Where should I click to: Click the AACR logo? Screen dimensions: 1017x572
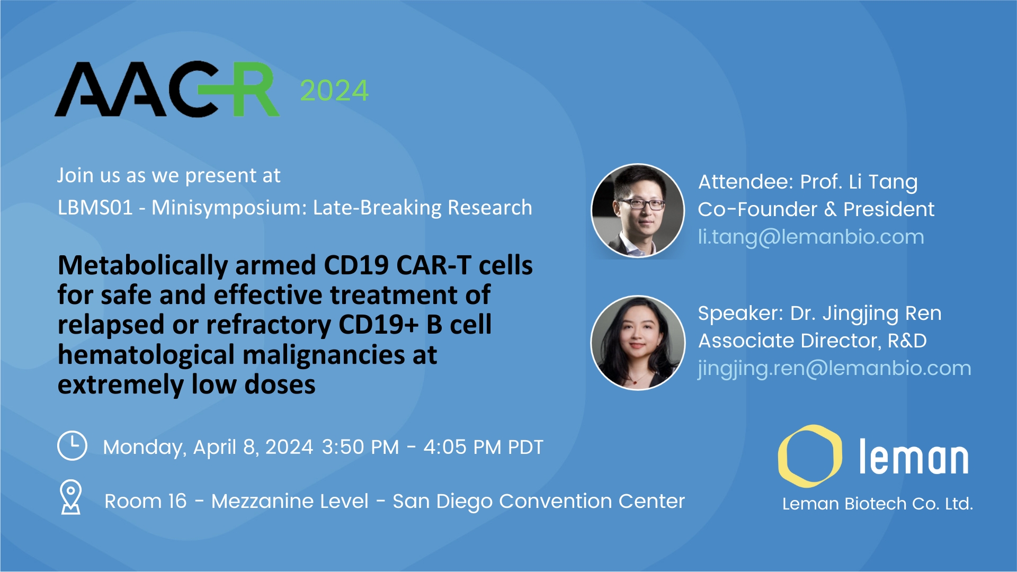(167, 89)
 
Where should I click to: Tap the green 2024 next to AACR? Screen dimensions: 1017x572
(334, 91)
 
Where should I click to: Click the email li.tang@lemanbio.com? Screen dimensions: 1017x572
(811, 237)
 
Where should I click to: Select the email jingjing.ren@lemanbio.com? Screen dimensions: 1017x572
(834, 368)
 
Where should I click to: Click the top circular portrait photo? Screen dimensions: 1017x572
(638, 211)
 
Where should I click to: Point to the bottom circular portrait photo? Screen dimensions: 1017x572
(638, 343)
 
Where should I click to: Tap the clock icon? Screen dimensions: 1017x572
(72, 445)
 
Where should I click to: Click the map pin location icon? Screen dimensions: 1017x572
(71, 497)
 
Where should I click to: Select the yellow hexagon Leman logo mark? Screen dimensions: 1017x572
(810, 456)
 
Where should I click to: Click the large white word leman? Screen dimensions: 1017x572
(913, 457)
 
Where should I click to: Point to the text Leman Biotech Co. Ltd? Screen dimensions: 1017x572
(878, 504)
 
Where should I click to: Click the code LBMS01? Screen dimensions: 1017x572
(95, 208)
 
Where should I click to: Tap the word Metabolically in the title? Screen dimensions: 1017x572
(143, 265)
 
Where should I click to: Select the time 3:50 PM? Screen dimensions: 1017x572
(360, 447)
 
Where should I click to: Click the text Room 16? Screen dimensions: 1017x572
(146, 501)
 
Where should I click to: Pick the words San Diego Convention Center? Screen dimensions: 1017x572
(539, 501)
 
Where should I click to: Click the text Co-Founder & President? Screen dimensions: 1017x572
(816, 209)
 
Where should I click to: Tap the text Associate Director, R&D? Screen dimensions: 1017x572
(813, 341)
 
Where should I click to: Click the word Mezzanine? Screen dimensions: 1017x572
(290, 501)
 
